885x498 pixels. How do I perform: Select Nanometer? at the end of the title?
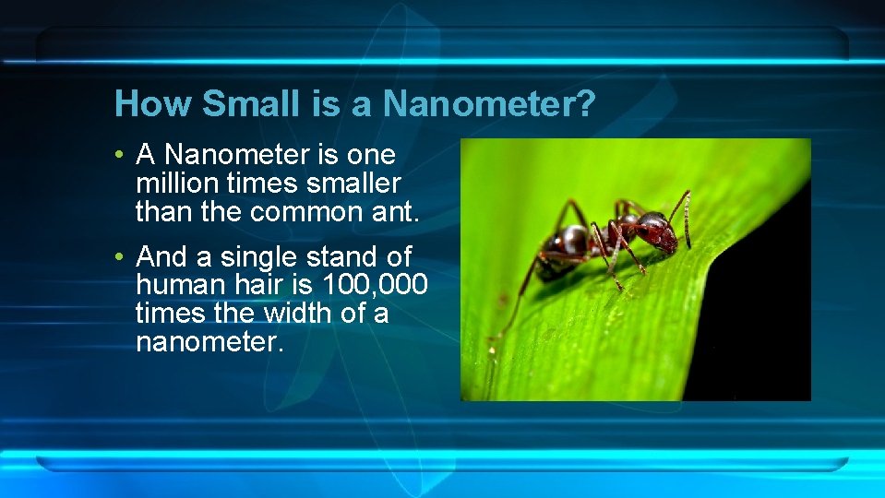[x=488, y=103]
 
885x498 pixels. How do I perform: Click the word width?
[x=298, y=314]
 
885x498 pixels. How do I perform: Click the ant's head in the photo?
[x=657, y=230]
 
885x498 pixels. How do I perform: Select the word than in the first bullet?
[x=162, y=212]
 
